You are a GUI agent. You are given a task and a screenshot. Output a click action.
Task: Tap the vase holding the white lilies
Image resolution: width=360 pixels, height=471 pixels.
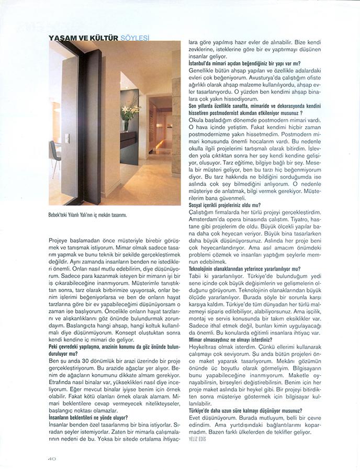(126, 126)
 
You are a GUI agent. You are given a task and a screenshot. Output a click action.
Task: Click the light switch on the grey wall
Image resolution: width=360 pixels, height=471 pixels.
(66, 139)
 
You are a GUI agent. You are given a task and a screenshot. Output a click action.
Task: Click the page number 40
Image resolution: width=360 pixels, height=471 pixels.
(51, 458)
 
